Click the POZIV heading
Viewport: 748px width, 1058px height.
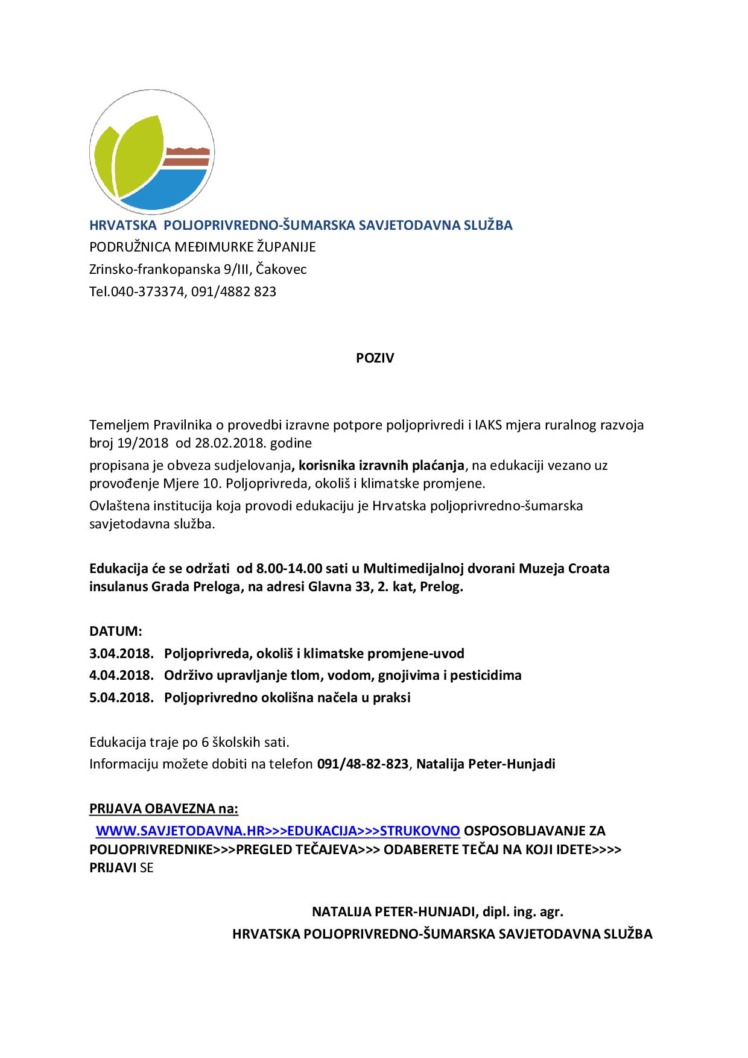(374, 358)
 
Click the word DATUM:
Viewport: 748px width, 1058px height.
(116, 632)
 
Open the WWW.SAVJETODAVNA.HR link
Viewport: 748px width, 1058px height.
(180, 831)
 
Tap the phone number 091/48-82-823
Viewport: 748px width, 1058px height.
(363, 764)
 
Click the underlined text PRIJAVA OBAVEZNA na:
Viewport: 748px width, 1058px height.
(164, 808)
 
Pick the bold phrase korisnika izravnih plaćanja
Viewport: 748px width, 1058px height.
(381, 466)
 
